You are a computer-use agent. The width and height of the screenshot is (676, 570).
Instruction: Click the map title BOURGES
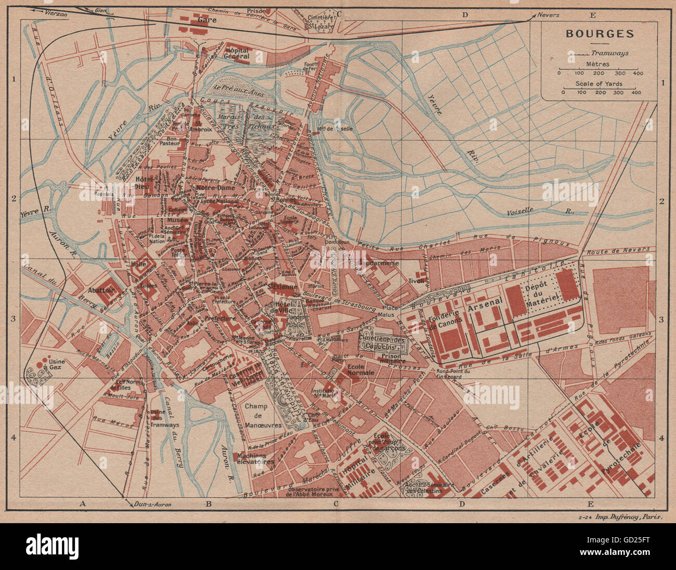[600, 34]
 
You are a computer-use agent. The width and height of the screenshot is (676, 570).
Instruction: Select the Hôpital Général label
[237, 53]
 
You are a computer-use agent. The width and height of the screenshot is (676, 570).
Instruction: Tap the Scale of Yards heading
[599, 83]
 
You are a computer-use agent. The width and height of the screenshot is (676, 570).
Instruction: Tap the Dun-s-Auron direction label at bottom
[152, 504]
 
